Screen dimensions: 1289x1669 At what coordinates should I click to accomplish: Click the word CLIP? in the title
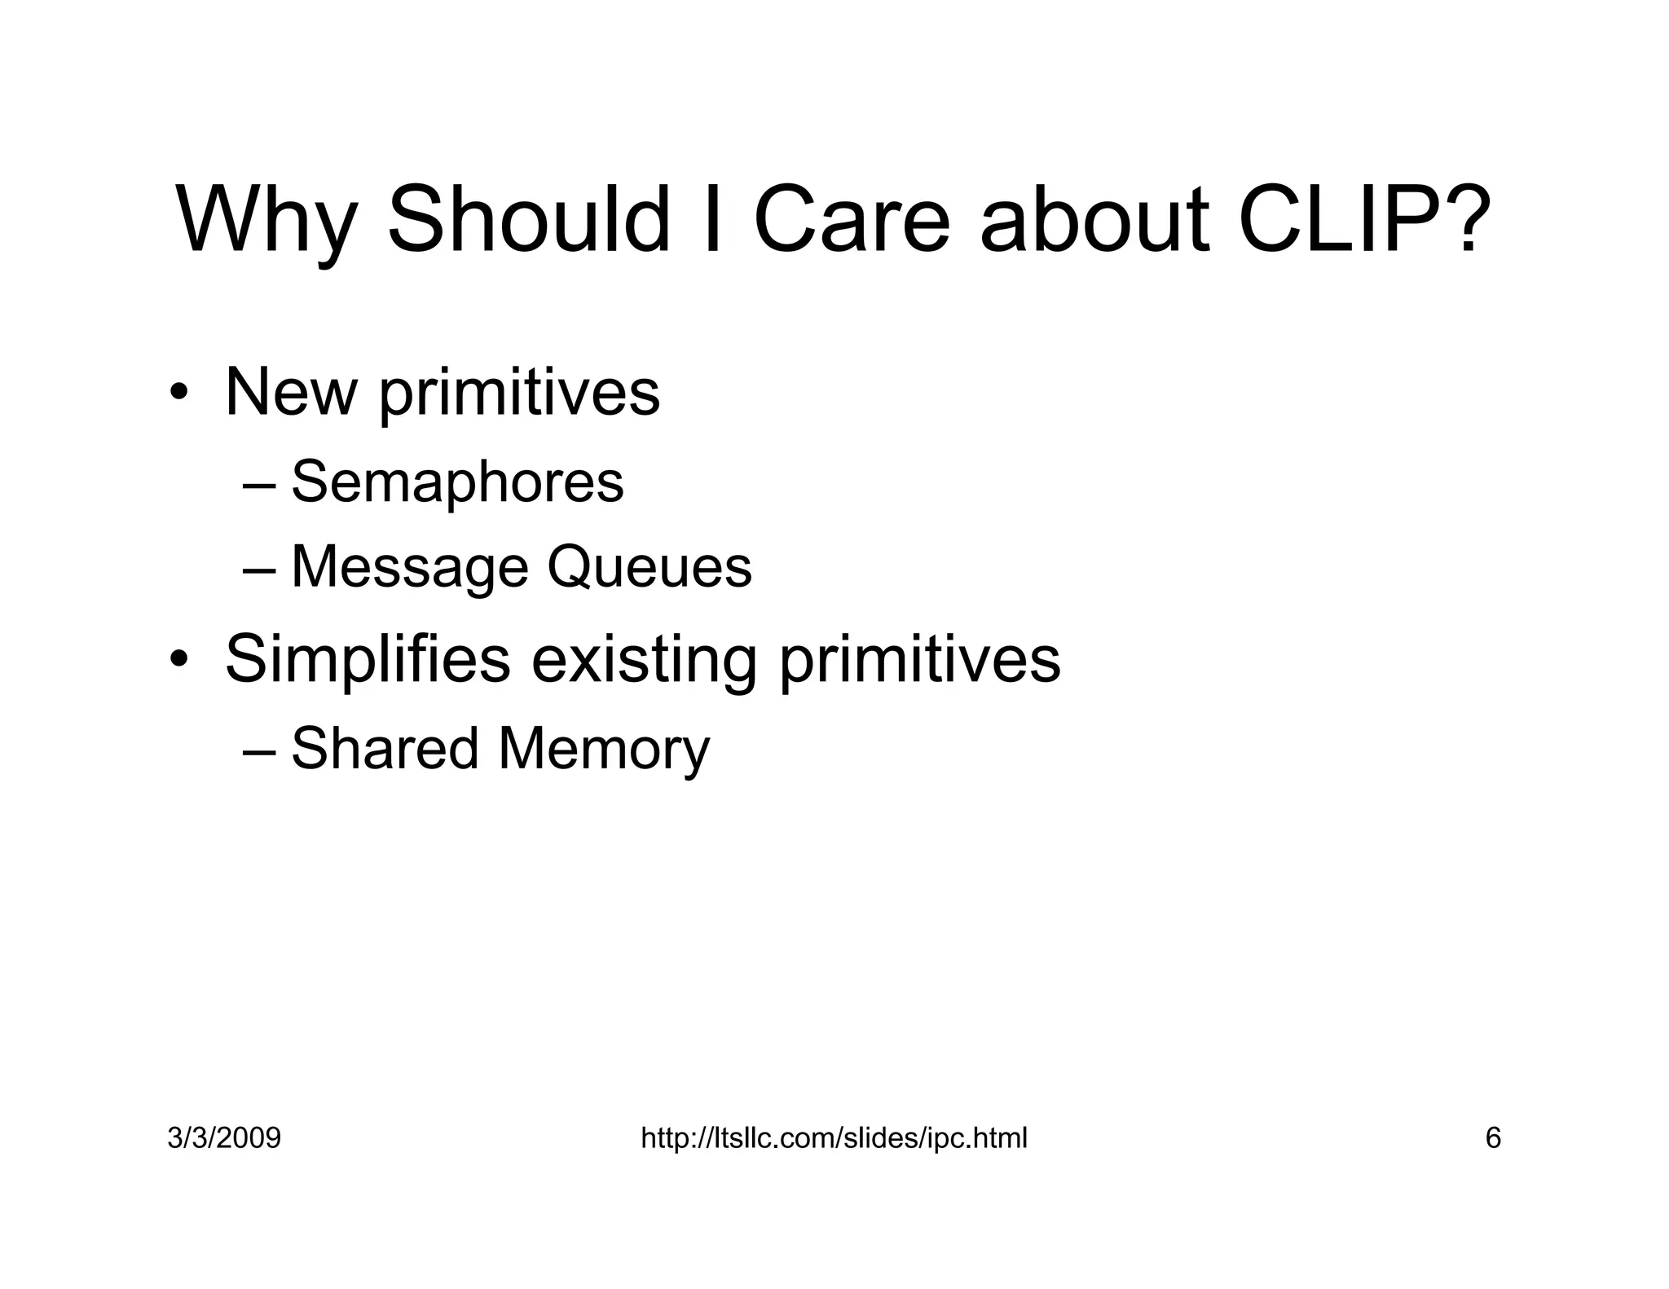(x=1364, y=220)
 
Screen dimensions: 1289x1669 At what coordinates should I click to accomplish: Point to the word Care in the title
(x=851, y=220)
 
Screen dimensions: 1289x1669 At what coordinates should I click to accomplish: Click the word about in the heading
(x=1094, y=220)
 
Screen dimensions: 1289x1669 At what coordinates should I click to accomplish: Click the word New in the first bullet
(x=291, y=393)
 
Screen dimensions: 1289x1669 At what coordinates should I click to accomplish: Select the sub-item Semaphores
(x=457, y=482)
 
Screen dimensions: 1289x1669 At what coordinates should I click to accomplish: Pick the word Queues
(x=649, y=567)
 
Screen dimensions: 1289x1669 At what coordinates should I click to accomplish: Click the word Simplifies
(x=368, y=658)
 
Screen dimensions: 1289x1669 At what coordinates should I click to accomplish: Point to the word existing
(x=645, y=658)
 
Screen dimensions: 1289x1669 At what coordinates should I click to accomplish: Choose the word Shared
(x=385, y=748)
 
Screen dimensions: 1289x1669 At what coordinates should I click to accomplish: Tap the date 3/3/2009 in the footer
(x=224, y=1137)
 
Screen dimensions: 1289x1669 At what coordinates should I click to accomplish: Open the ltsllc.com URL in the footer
(x=834, y=1137)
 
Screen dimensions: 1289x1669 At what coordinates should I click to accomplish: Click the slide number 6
(x=1492, y=1137)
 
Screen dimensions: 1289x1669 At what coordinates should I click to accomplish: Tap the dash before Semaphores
(x=259, y=483)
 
